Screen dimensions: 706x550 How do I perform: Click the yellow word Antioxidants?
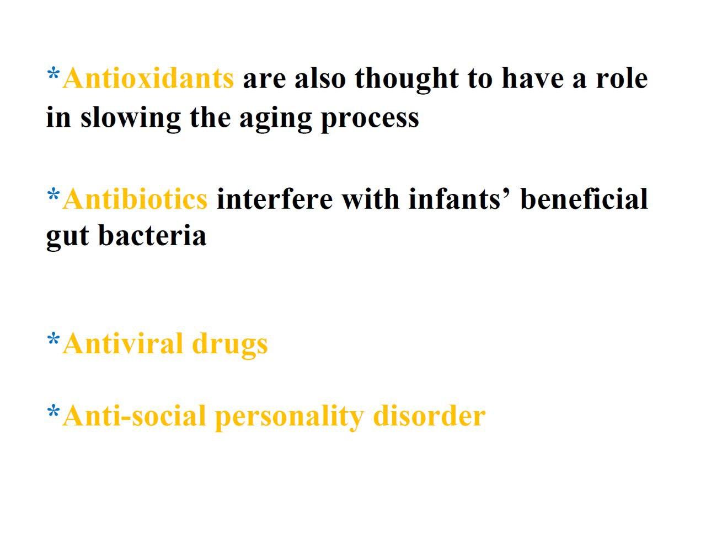[148, 78]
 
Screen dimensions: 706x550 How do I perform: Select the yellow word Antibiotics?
[135, 198]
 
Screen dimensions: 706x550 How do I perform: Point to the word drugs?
[229, 346]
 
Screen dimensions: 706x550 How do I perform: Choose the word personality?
[289, 419]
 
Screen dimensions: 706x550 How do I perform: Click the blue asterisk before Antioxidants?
[54, 73]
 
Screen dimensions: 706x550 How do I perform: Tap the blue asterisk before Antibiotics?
[54, 195]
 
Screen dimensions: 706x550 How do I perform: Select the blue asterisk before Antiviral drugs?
[54, 339]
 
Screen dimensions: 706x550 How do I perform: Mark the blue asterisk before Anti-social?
[54, 412]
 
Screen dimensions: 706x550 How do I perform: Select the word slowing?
[131, 118]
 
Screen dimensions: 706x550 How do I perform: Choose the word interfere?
[275, 198]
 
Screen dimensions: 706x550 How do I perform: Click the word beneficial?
[584, 198]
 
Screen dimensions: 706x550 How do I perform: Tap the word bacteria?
[152, 235]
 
